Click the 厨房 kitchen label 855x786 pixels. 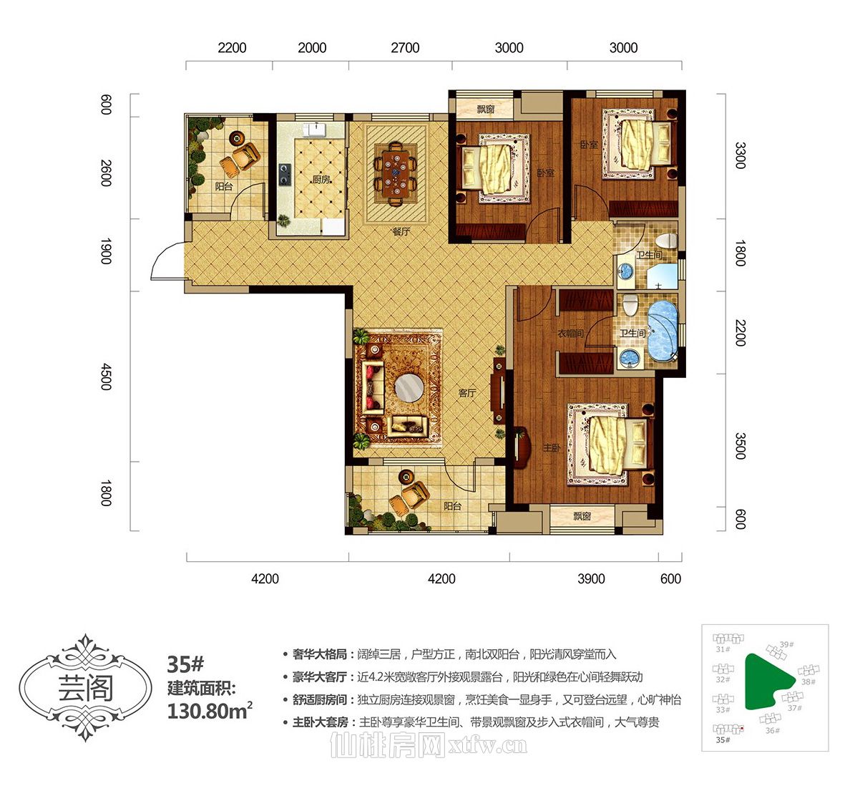coord(321,179)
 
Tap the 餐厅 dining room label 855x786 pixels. coord(401,232)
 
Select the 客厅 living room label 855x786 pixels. coord(467,393)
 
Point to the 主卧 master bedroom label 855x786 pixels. coord(552,448)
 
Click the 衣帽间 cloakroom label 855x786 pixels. coord(570,333)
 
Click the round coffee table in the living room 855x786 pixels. coord(409,389)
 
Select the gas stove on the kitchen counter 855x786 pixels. coord(285,175)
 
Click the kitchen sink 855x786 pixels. coord(315,130)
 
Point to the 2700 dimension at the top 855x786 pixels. coord(405,48)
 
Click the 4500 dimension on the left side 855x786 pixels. coord(107,377)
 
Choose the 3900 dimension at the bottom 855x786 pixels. coord(591,578)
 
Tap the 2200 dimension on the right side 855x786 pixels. coord(740,333)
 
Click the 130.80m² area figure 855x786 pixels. coord(210,712)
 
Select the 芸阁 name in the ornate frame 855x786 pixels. coord(86,687)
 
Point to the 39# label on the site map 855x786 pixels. coord(786,644)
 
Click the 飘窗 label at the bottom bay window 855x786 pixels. coord(582,516)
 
